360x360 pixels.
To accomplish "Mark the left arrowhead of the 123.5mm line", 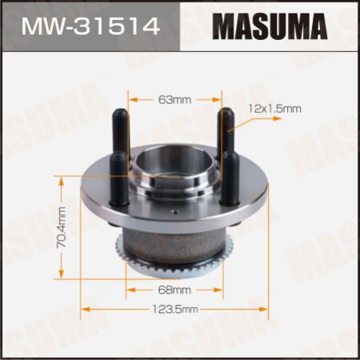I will [83, 307].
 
